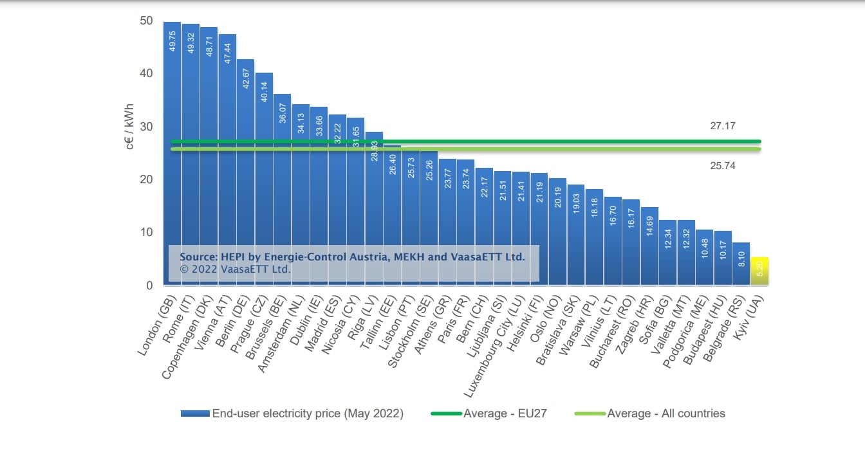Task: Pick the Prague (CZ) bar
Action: pos(264,174)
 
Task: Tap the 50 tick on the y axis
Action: pos(146,21)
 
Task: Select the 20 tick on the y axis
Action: pos(146,179)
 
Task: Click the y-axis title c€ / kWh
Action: pos(131,127)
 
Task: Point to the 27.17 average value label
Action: pos(722,127)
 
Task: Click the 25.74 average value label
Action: pos(722,166)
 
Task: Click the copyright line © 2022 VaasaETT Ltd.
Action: pos(236,269)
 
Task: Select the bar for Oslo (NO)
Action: pos(557,231)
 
